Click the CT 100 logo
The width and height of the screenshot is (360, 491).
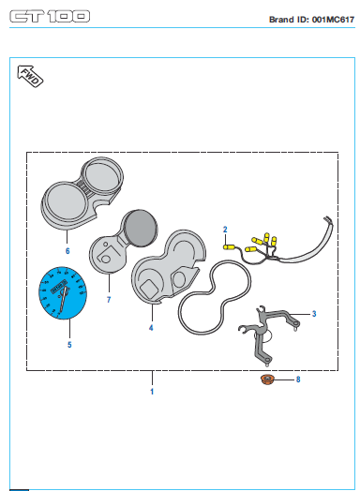pos(50,17)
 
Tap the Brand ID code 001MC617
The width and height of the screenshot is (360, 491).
pos(333,20)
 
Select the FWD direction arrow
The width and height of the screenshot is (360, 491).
pos(30,76)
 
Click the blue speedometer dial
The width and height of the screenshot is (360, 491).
pos(63,293)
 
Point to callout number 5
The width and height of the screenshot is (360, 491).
pos(69,345)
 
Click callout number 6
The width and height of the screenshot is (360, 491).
pos(67,251)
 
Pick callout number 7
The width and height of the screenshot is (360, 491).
pos(109,300)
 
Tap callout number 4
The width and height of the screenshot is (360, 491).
pos(151,328)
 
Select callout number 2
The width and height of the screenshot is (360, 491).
pos(225,230)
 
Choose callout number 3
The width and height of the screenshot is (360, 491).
pos(314,314)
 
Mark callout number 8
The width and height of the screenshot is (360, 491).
pos(298,379)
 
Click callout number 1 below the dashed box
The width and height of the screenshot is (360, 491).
pos(152,392)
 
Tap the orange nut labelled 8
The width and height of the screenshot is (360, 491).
pos(267,379)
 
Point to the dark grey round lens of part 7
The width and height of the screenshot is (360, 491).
pos(140,228)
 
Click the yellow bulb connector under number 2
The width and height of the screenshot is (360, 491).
pos(229,247)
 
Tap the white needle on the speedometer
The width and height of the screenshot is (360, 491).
pos(63,300)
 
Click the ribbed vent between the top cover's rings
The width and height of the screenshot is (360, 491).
pos(82,187)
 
